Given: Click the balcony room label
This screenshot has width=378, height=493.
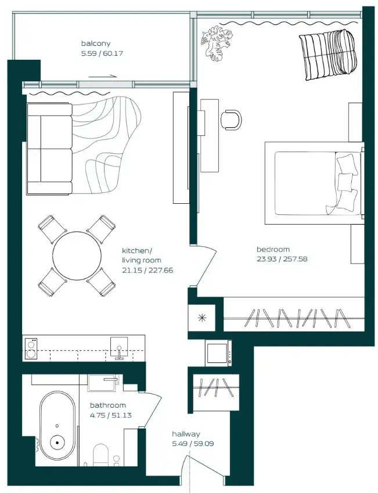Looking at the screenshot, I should coord(96,44).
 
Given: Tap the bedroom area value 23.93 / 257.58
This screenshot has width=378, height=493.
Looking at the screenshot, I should coord(282,259).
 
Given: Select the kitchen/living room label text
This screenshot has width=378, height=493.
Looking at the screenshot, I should coord(141,256).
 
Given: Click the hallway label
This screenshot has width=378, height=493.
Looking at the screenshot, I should coord(186,434).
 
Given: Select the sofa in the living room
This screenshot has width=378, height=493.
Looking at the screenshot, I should coord(49,149).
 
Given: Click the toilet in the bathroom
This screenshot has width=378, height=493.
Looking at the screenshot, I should coord(101,456).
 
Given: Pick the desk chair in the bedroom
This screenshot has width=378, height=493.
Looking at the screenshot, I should coord(232,119).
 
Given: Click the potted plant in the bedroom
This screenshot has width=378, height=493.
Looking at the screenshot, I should coord(216,42).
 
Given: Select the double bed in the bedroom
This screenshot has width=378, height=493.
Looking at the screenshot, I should coord(314,183).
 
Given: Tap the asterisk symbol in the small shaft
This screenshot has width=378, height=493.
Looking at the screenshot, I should coord(202,317).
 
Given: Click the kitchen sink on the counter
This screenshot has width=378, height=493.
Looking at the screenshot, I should coord(120,348).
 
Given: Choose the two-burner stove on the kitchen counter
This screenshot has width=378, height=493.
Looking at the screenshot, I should coord(31,348).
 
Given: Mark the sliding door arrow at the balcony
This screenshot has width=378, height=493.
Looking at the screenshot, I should coord(104,75).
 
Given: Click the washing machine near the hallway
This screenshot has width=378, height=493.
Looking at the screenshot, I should coord(218,352).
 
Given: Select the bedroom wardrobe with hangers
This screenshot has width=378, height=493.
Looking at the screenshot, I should coord(293,317).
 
